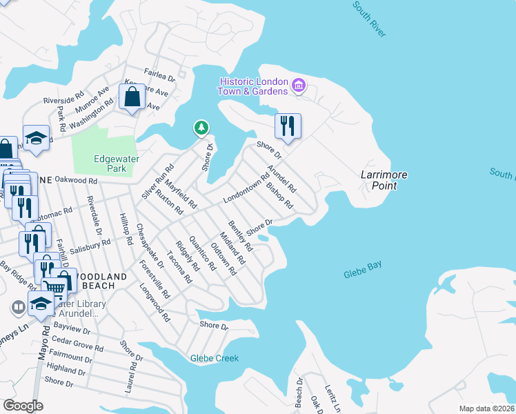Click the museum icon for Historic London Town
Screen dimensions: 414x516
(299, 86)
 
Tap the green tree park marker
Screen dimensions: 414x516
(201, 128)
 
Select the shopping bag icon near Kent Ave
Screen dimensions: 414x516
(132, 97)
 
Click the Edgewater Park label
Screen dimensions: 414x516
(116, 164)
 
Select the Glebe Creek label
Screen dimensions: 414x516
(215, 358)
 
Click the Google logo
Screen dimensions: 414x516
(23, 405)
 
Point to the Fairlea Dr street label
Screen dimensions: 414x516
(159, 75)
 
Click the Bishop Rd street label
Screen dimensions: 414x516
(279, 196)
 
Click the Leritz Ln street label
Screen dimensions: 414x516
(333, 399)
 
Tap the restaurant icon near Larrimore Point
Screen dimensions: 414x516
(288, 126)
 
